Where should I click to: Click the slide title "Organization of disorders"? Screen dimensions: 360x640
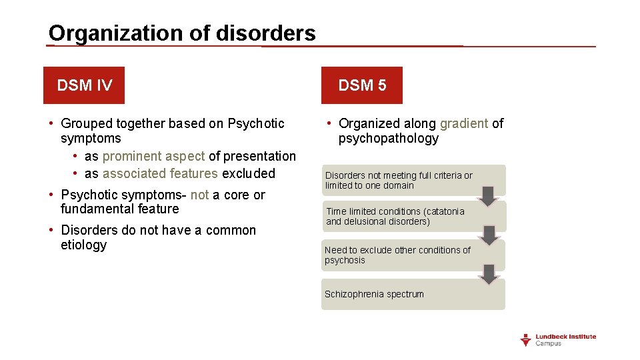click(x=182, y=33)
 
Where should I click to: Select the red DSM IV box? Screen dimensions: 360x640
click(x=84, y=85)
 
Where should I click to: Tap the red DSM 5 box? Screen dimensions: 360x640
click(x=362, y=85)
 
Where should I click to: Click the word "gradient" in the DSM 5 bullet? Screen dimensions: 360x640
click(x=464, y=123)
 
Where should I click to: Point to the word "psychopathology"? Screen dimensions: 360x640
click(x=388, y=139)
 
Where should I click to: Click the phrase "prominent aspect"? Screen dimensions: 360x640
click(x=153, y=156)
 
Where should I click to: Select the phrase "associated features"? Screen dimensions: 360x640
click(x=160, y=173)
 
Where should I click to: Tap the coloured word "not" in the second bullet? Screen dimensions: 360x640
click(x=199, y=195)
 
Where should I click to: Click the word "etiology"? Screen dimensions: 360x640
click(x=83, y=245)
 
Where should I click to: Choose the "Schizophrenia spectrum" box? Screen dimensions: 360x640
click(x=413, y=295)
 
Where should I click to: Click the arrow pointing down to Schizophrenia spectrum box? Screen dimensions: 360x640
click(x=489, y=274)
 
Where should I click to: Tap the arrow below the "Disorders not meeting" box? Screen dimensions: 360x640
click(x=488, y=196)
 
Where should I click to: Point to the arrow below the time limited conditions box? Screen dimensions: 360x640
click(x=489, y=235)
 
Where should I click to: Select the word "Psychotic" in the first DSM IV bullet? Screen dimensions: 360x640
click(x=256, y=123)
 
